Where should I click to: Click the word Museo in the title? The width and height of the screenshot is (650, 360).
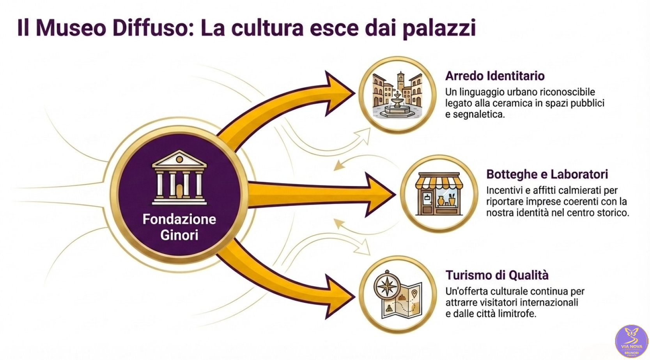[x=71, y=28]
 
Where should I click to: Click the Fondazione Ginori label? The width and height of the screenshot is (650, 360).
[x=179, y=227]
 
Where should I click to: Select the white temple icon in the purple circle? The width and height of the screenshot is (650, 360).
[x=179, y=177]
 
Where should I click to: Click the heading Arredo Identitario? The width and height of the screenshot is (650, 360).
[x=495, y=76]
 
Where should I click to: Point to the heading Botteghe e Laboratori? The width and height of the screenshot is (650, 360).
[x=547, y=174]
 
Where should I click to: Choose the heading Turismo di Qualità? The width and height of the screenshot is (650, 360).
[x=497, y=275]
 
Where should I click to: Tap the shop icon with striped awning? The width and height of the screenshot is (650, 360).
[x=439, y=194]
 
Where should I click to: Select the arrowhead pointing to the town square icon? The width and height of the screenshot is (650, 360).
[x=339, y=93]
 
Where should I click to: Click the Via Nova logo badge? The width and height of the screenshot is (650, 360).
[x=631, y=341]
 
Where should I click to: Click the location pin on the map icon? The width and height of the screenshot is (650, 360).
[x=414, y=293]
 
